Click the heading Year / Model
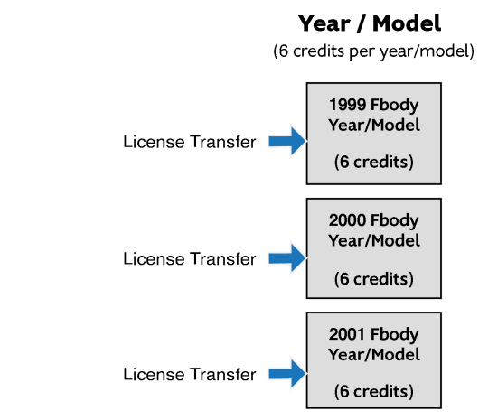point(370,23)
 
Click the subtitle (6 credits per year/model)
point(373,51)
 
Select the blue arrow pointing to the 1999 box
point(287,141)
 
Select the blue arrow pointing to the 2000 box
point(287,258)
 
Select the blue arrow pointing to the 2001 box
point(287,374)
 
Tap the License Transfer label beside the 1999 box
point(190,142)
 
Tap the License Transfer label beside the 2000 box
point(190,259)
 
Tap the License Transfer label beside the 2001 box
point(190,374)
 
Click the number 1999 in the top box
point(348,105)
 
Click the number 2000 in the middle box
point(348,220)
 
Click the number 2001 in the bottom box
point(348,334)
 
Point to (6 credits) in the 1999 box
point(374,162)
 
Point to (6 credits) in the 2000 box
point(374,279)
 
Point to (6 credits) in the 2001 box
point(374,391)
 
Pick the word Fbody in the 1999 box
point(394,106)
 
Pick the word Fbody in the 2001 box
point(394,334)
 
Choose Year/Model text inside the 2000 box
point(374,240)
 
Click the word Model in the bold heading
point(407,23)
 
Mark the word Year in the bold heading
point(324,23)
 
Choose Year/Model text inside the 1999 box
point(374,126)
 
